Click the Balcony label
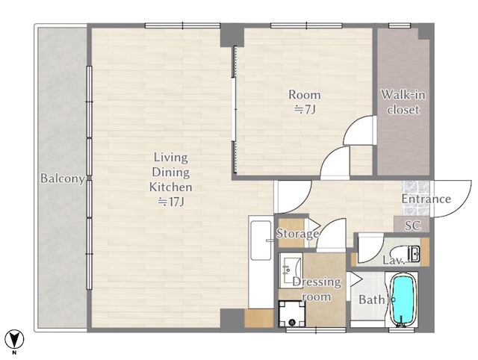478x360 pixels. pyautogui.click(x=63, y=179)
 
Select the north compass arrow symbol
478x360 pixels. pyautogui.click(x=14, y=338)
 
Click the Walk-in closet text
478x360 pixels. pyautogui.click(x=403, y=102)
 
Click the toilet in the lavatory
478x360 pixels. pyautogui.click(x=406, y=252)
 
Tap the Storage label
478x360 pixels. pyautogui.click(x=297, y=234)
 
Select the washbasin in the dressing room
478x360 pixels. pyautogui.click(x=290, y=270)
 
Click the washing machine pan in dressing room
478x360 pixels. pyautogui.click(x=292, y=314)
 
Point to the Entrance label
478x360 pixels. pyautogui.click(x=426, y=199)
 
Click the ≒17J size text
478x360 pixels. pyautogui.click(x=170, y=202)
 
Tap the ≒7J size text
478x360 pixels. pyautogui.click(x=305, y=109)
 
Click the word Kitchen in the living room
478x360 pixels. pyautogui.click(x=171, y=187)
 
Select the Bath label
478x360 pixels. pyautogui.click(x=372, y=300)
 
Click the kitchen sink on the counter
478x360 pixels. pyautogui.click(x=261, y=240)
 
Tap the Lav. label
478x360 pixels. pyautogui.click(x=394, y=261)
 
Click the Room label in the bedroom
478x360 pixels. pyautogui.click(x=305, y=95)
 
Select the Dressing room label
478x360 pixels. pyautogui.click(x=317, y=289)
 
